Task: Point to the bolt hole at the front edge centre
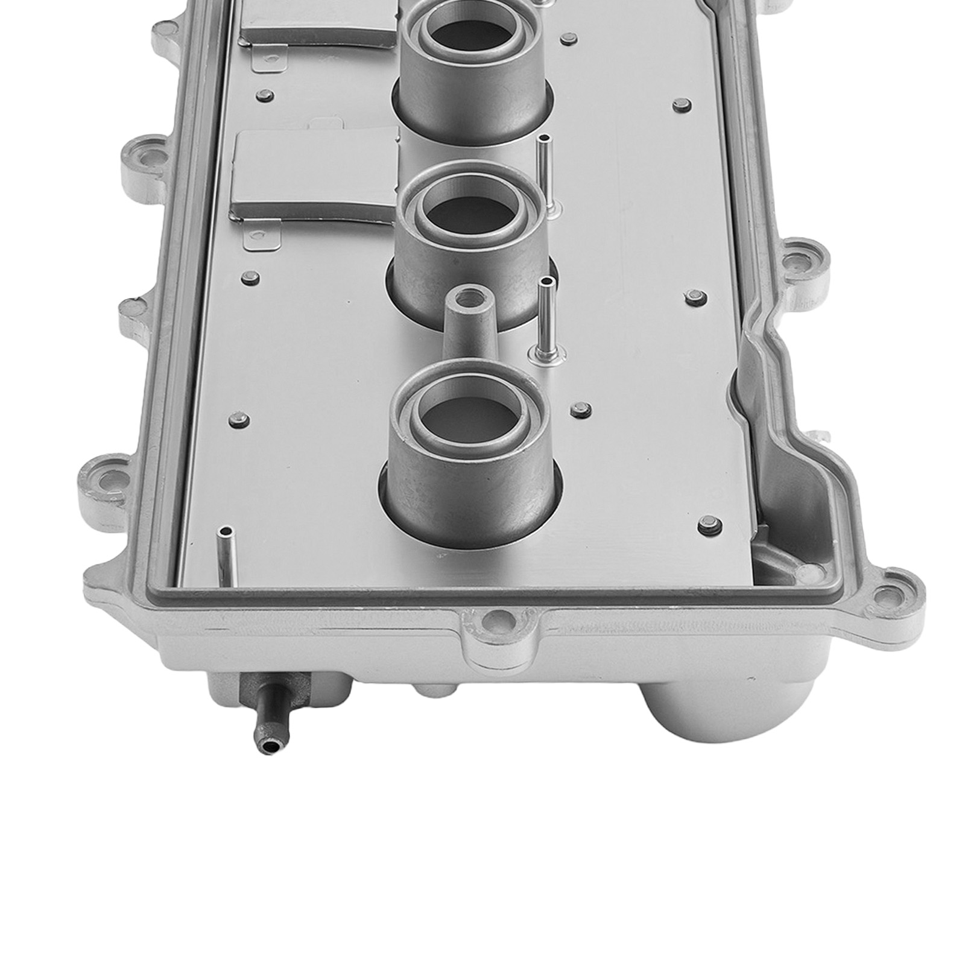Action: point(496,616)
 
